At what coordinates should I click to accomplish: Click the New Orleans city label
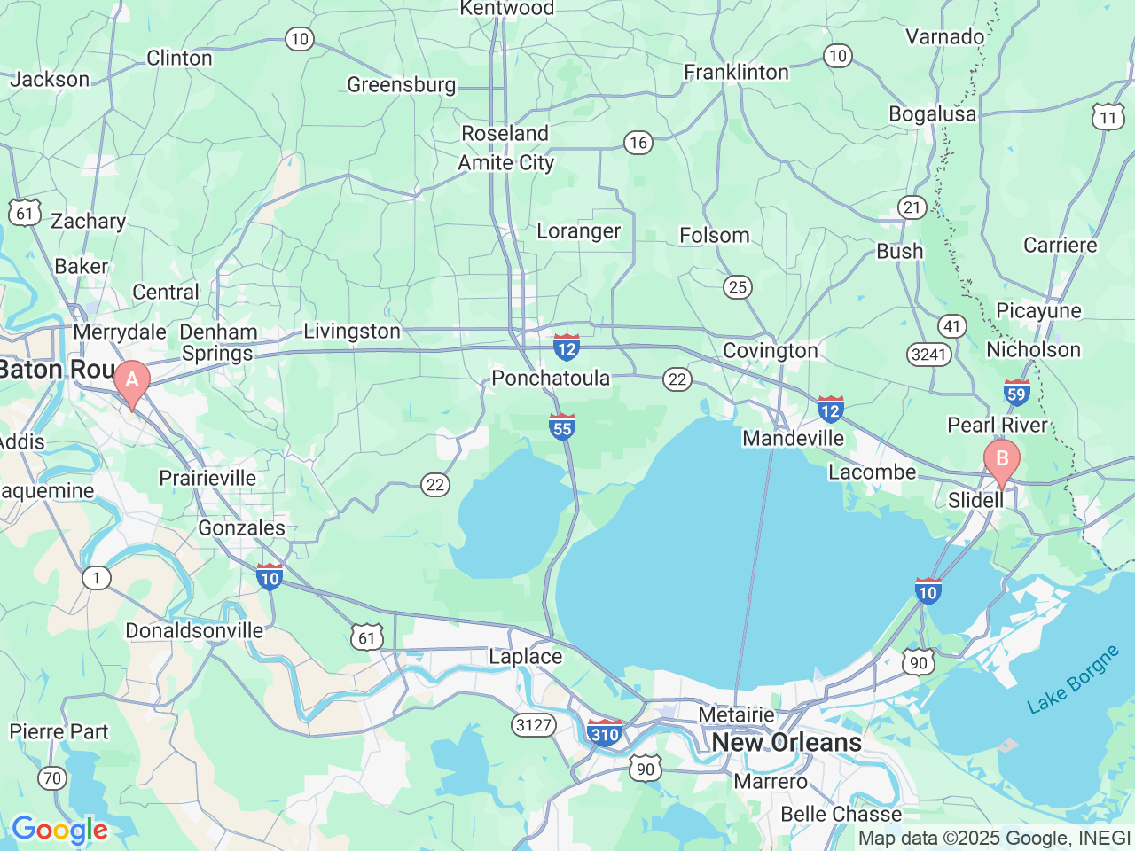click(787, 742)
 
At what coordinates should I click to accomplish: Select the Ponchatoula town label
click(551, 379)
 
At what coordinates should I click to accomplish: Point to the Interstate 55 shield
click(562, 426)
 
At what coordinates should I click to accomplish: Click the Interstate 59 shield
click(1016, 393)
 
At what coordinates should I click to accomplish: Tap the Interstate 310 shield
click(605, 733)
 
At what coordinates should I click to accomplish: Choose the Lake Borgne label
click(1073, 681)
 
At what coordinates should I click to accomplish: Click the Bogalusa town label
click(932, 114)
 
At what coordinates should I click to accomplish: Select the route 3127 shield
click(534, 725)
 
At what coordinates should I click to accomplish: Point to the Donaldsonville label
click(194, 631)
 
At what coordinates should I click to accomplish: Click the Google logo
click(59, 831)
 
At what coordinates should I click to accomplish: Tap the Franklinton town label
click(736, 73)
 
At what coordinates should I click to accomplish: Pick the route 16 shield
click(638, 143)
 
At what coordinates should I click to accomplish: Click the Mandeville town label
click(794, 439)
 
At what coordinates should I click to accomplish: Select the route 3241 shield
click(929, 355)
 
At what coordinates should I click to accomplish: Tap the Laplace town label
click(526, 657)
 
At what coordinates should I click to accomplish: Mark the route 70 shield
click(52, 778)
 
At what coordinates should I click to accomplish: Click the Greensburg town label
click(401, 85)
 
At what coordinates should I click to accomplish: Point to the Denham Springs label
click(218, 343)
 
